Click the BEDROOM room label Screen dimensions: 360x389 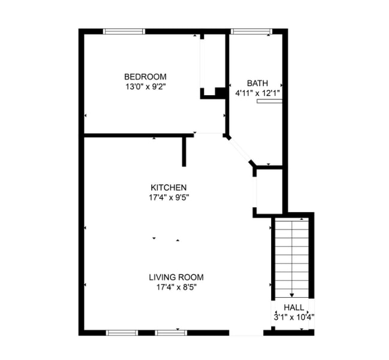145,77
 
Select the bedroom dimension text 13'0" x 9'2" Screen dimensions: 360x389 145,86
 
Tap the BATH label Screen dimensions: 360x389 257,83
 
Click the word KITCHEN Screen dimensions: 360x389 169,187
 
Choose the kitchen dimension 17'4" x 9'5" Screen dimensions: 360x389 169,196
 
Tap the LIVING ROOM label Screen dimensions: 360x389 176,277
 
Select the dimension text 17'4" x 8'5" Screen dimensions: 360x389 176,287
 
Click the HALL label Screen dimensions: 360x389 293,307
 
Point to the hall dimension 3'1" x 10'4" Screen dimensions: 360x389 293,316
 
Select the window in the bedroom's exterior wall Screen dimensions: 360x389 124,31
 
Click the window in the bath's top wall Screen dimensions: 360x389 251,31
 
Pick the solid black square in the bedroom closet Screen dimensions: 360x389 220,93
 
